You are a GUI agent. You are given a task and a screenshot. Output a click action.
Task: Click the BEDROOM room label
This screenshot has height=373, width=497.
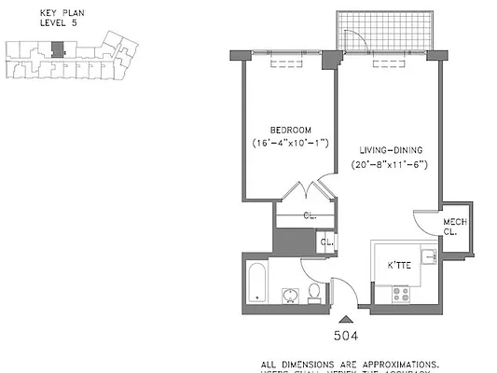291,130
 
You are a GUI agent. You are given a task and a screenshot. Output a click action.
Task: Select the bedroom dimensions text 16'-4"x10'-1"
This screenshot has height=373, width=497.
291,144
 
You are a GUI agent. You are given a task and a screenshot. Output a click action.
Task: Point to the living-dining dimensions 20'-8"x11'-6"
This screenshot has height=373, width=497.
390,165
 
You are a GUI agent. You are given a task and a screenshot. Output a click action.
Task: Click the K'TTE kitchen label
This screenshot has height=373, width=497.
401,264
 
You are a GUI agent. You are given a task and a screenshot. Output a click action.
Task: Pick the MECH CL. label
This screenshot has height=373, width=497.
454,226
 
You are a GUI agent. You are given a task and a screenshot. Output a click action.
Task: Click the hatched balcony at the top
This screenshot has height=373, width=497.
385,32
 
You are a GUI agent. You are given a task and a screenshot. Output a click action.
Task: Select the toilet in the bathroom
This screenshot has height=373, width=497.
315,293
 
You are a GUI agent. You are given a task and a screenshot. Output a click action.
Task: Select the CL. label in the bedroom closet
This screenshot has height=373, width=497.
309,215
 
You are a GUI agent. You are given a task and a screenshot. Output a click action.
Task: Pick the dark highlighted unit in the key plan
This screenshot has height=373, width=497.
59,48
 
